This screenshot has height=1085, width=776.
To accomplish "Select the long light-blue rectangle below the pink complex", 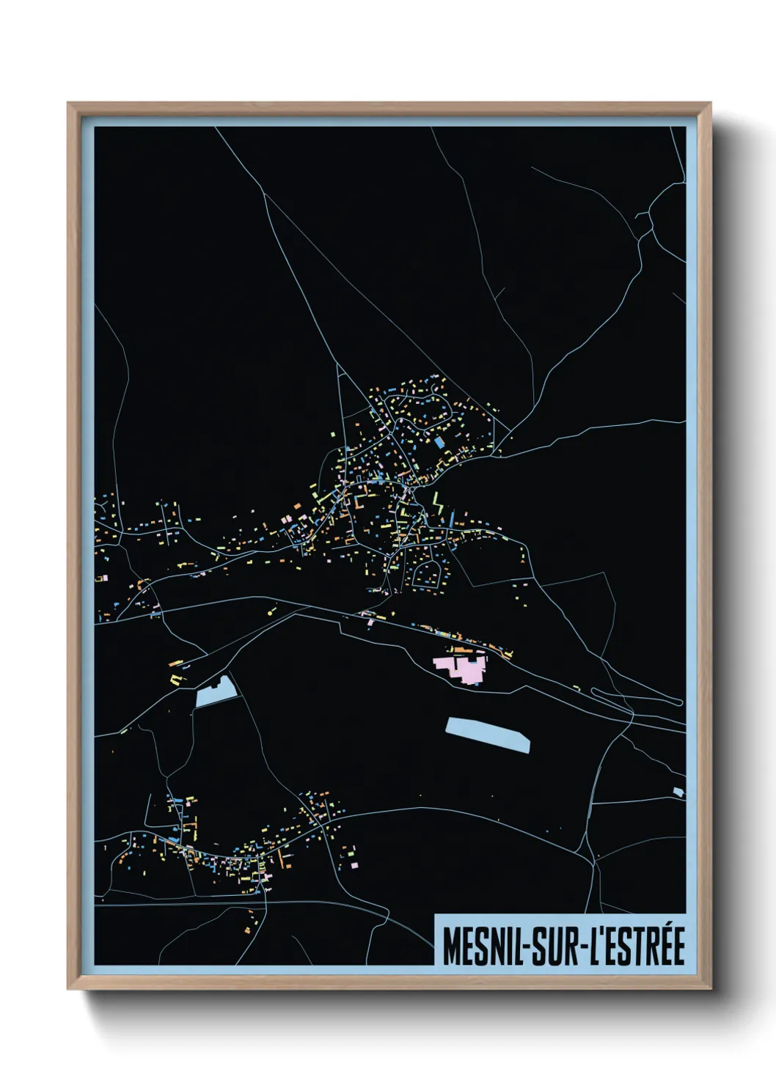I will click(488, 734).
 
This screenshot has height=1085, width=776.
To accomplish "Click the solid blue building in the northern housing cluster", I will click(439, 443).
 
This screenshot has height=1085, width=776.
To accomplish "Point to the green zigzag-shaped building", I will click(439, 504).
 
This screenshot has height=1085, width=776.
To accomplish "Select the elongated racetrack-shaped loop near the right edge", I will click(636, 696).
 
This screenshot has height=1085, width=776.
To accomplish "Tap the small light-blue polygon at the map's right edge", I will click(678, 792).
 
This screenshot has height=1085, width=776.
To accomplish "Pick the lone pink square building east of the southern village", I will click(355, 865).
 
